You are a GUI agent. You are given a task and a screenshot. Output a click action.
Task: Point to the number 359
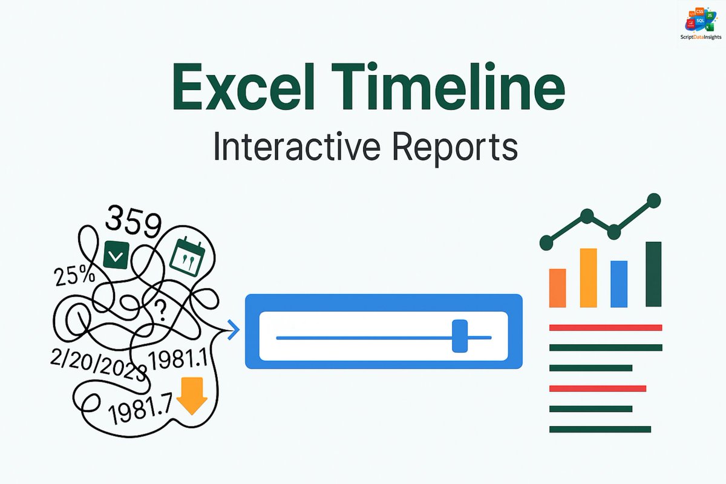[x=133, y=223]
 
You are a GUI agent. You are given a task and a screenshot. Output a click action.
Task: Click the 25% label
[x=74, y=276]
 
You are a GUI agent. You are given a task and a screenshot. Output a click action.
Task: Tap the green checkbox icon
[x=116, y=256]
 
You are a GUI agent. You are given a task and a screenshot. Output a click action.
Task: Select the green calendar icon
[x=189, y=255]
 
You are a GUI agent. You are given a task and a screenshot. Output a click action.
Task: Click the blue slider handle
[x=460, y=336]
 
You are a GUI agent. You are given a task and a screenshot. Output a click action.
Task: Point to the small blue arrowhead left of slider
[x=233, y=330]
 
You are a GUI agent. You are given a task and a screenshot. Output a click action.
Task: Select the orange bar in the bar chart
[x=557, y=288]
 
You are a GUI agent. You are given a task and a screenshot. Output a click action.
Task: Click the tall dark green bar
[x=653, y=274]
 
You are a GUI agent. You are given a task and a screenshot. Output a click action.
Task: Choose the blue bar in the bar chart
[x=619, y=284]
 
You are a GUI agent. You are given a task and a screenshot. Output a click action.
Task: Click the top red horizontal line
[x=605, y=328]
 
